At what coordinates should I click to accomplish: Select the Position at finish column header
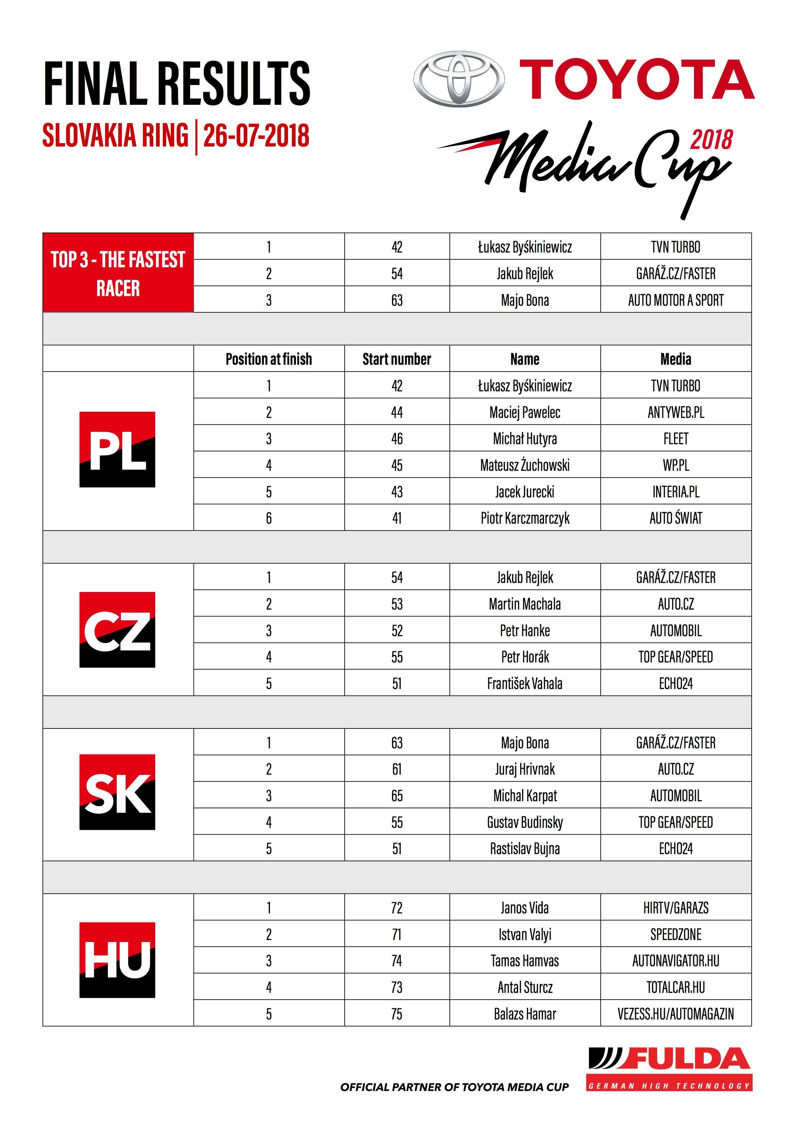click(x=269, y=359)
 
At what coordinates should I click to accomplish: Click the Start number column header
click(x=397, y=359)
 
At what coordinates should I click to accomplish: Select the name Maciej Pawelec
click(x=525, y=412)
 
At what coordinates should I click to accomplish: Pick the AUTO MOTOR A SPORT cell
click(x=675, y=300)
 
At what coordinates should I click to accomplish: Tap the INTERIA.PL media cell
click(x=675, y=492)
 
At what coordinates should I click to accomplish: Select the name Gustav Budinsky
click(x=525, y=822)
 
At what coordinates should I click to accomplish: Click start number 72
click(x=397, y=908)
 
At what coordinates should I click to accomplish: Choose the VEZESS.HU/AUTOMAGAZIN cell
click(x=675, y=1014)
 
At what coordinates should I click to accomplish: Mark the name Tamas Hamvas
click(x=525, y=961)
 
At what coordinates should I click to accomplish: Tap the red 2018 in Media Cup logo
click(x=711, y=140)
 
